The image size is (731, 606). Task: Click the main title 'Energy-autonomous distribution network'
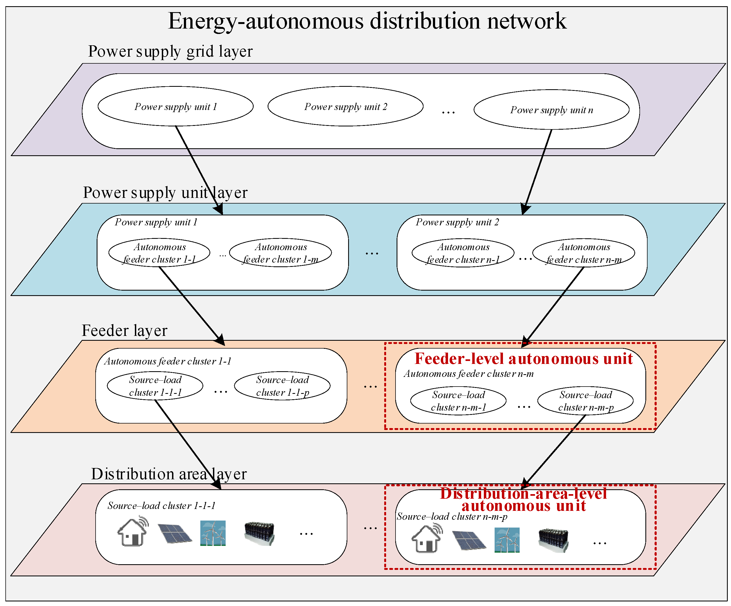point(367,21)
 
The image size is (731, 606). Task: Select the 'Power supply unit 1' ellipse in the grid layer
point(176,106)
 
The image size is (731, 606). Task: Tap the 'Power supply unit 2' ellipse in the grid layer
point(345,106)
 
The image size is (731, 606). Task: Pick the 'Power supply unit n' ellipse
point(551,110)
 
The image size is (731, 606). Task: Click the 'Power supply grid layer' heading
point(170,51)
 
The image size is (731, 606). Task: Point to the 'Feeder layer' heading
point(124,330)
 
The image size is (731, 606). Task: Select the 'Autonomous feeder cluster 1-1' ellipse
point(159,253)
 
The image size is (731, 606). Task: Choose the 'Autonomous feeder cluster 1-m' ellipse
point(281,253)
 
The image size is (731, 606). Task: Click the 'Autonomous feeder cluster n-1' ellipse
point(463,253)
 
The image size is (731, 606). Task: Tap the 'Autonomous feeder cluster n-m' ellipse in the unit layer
point(584,253)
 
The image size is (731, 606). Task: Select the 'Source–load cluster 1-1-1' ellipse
point(155,386)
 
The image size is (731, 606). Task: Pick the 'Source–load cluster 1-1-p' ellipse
point(282,386)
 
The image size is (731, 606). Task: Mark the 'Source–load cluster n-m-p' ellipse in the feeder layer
point(586,401)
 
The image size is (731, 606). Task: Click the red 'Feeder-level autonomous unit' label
point(523,359)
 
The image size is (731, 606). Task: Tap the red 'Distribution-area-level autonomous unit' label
point(523,499)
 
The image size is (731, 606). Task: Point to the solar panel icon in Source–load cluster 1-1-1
point(175,533)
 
